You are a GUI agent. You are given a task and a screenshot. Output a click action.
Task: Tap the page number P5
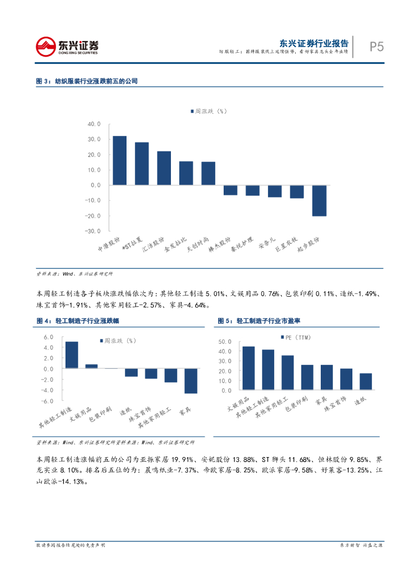pyautogui.click(x=377, y=47)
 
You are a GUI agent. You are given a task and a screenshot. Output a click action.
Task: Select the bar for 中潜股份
pyautogui.click(x=119, y=160)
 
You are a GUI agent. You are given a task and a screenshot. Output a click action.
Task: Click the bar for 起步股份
pyautogui.click(x=319, y=200)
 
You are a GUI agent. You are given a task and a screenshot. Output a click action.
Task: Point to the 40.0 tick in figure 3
pyautogui.click(x=94, y=124)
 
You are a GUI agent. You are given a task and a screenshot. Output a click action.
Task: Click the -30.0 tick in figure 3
pyautogui.click(x=93, y=231)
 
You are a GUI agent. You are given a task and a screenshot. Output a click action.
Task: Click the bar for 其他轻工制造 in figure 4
pyautogui.click(x=72, y=355)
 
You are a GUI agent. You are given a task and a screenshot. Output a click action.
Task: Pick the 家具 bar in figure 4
pyautogui.click(x=190, y=381)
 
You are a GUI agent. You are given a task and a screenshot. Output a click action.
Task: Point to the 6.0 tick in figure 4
pyautogui.click(x=48, y=337)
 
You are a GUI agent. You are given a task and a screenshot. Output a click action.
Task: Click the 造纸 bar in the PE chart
pyautogui.click(x=366, y=382)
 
